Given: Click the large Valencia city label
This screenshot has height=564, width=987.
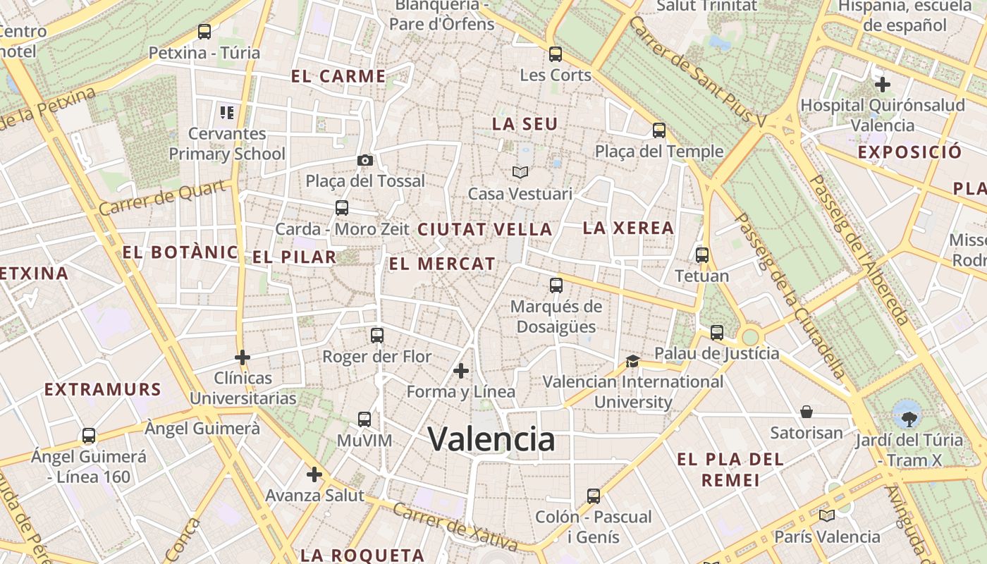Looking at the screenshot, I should point(491,439).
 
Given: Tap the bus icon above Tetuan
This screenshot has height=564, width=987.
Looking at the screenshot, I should point(701,255).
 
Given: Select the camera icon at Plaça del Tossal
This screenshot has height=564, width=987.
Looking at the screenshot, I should point(364,160).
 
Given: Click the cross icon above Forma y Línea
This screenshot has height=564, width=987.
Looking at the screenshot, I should point(461,370).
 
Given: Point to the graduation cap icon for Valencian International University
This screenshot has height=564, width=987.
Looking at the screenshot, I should point(632,361).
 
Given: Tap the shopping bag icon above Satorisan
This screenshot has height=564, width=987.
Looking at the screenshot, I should point(807,411).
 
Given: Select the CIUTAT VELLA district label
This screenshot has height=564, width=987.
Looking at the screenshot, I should point(485,229).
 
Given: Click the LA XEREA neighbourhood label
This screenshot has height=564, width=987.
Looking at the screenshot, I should point(628,228).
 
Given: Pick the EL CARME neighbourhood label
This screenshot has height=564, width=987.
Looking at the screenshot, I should point(338,76).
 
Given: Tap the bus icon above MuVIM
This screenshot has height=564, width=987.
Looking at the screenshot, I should point(364,419).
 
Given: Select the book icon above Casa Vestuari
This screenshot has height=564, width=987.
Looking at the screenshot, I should point(520,172).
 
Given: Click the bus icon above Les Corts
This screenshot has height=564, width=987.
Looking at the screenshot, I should point(556,54).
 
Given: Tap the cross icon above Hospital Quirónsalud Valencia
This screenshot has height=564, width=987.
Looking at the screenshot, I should point(882,85).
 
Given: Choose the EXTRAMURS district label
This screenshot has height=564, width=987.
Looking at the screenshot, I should point(103,389).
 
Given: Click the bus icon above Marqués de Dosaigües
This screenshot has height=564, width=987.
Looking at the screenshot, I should point(556,286).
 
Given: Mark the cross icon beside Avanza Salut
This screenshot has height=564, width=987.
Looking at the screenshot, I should point(314,474).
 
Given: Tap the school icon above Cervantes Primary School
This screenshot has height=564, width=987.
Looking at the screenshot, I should point(226,112).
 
